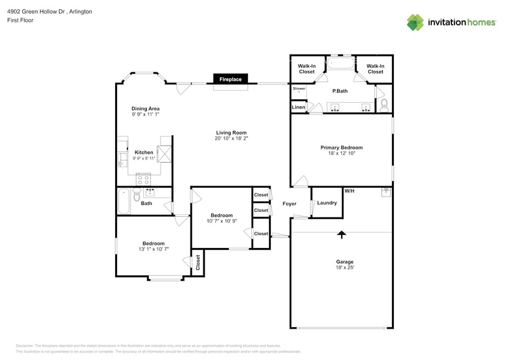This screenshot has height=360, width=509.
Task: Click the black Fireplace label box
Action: click(x=231, y=79)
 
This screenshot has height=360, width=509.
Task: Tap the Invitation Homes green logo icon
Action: click(x=415, y=22)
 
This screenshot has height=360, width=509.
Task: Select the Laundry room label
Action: click(x=326, y=203)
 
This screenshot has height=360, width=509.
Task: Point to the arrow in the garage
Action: click(x=341, y=234)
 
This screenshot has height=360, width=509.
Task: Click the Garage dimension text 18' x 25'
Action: click(x=344, y=268)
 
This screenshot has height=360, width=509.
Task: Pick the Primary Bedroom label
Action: click(x=341, y=148)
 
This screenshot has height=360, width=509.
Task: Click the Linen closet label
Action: click(x=298, y=108)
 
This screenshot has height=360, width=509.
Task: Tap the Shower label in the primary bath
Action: click(x=298, y=89)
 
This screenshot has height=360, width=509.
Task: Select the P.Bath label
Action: click(x=340, y=91)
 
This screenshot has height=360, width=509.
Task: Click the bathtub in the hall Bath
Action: click(x=124, y=201)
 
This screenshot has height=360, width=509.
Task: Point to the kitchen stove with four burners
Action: click(x=143, y=179)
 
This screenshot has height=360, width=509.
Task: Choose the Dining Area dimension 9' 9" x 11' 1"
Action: click(x=145, y=114)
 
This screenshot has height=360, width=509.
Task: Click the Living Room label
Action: click(x=231, y=132)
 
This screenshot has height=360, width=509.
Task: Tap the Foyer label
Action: click(x=289, y=204)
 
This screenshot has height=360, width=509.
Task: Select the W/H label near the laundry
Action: click(x=349, y=191)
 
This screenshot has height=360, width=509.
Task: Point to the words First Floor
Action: click(x=21, y=20)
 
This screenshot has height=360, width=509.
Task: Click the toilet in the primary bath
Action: click(x=384, y=105)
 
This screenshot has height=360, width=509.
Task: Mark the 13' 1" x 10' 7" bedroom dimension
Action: click(x=154, y=249)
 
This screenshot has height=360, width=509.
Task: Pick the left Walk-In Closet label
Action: click(x=306, y=69)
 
